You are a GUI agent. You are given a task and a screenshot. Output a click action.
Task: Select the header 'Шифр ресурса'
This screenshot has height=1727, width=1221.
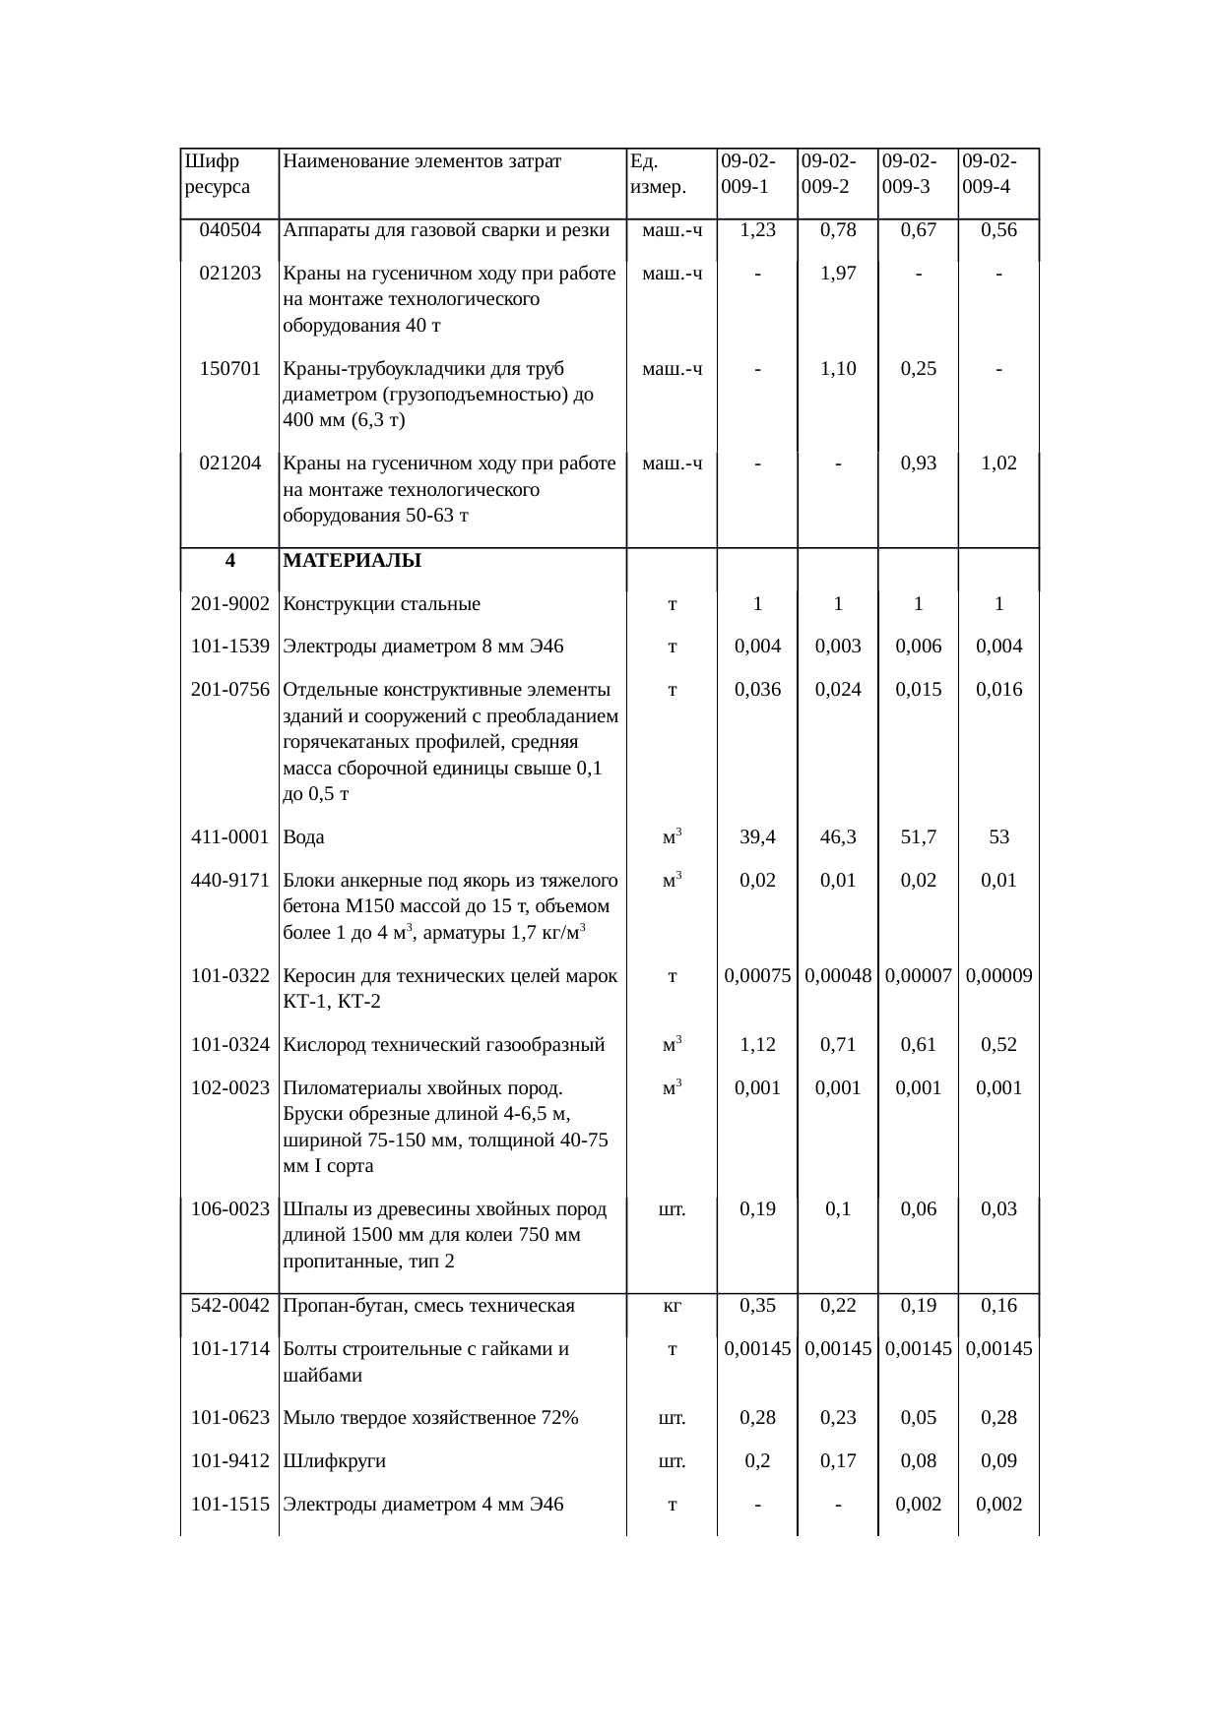217,173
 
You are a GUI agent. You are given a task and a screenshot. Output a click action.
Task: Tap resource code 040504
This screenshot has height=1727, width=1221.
229,230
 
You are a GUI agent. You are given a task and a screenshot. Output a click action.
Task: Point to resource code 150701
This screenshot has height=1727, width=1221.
229,369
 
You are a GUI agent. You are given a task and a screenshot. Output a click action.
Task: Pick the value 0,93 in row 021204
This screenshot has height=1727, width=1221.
918,463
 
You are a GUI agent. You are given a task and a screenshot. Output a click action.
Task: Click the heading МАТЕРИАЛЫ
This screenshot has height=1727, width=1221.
352,561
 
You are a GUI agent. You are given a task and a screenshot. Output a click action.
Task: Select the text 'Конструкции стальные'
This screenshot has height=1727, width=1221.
381,604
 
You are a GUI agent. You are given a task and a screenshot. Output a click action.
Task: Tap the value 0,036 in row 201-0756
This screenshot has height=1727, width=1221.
757,690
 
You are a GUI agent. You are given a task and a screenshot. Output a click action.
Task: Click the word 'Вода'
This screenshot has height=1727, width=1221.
303,837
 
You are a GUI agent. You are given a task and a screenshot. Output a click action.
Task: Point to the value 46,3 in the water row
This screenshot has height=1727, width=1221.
837,837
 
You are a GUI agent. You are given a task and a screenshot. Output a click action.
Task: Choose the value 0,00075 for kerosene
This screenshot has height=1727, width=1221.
757,976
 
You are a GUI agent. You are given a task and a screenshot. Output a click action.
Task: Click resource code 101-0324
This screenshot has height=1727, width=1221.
229,1045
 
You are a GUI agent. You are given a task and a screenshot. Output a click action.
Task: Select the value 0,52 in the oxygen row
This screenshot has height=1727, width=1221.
998,1045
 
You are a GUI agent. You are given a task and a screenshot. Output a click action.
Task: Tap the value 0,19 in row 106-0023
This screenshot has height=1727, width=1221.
757,1209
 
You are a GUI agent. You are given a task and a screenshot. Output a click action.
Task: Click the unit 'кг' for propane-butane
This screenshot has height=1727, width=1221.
672,1306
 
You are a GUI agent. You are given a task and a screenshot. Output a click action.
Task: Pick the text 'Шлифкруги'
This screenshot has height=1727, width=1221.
334,1461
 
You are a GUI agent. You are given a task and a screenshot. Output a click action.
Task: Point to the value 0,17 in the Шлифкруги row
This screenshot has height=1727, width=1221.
837,1461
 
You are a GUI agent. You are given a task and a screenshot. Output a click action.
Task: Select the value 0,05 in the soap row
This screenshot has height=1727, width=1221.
918,1418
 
